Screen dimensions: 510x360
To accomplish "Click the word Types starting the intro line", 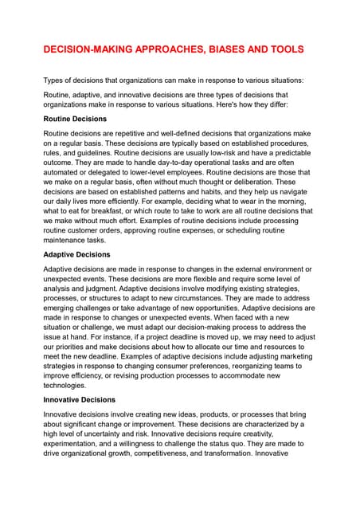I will point(54,80).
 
